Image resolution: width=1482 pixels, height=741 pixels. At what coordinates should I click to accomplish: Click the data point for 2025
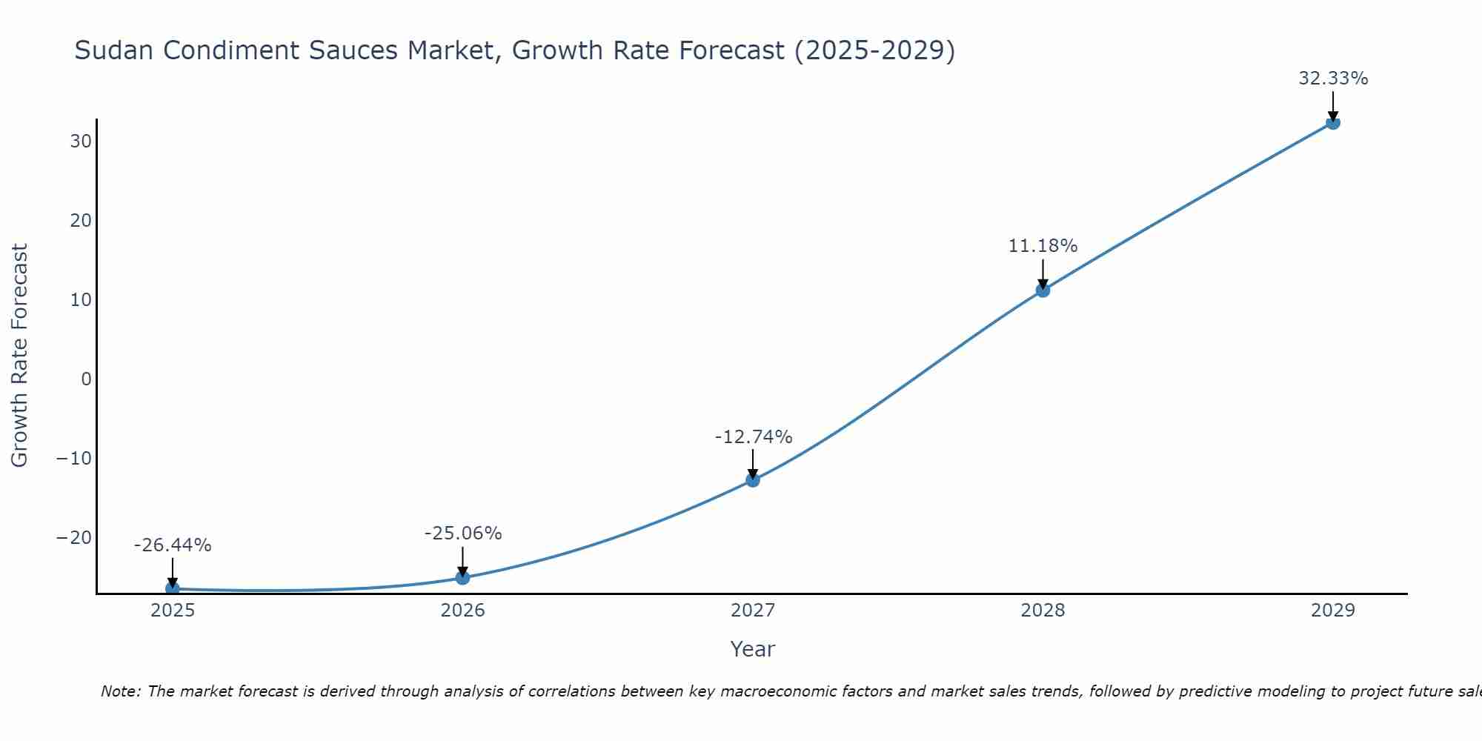tap(173, 589)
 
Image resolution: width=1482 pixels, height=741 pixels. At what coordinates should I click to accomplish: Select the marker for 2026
tap(462, 577)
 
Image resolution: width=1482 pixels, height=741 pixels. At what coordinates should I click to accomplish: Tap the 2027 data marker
tap(753, 479)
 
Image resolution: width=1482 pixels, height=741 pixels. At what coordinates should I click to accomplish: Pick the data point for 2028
tap(1043, 290)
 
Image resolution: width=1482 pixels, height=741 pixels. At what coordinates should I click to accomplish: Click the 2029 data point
tap(1333, 122)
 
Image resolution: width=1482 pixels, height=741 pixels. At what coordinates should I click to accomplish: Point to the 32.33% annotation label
tap(1333, 79)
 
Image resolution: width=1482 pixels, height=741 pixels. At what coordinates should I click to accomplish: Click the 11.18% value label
tap(1043, 246)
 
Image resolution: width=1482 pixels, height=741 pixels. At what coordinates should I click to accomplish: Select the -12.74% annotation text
tap(753, 437)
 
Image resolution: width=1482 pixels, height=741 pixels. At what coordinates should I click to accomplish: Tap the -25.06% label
tap(462, 534)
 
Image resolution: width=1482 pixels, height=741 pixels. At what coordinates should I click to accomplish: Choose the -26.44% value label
tap(173, 545)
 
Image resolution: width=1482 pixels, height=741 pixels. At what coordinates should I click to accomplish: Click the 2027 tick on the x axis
tap(753, 611)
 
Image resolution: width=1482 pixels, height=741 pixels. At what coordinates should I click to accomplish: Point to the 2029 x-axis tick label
tap(1333, 611)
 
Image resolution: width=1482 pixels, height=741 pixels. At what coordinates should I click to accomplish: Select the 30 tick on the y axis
tap(81, 142)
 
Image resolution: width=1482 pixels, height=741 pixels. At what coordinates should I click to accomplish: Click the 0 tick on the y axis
tap(87, 379)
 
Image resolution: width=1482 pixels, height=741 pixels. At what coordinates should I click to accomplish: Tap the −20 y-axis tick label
tap(74, 538)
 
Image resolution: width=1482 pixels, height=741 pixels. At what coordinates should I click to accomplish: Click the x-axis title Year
tap(753, 649)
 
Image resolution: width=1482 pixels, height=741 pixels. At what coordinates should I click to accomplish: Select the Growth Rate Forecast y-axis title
tap(20, 356)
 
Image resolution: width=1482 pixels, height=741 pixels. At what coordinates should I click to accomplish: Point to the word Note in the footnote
tap(119, 691)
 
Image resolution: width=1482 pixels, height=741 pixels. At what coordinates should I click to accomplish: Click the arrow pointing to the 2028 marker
tap(1043, 274)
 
